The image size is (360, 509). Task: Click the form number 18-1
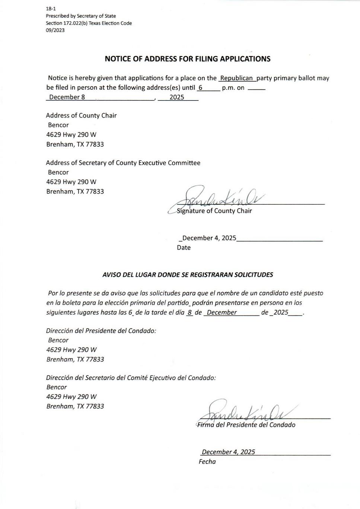[x=51, y=9]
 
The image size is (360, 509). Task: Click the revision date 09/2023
[x=55, y=30]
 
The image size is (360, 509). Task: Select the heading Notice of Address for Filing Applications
[x=187, y=59]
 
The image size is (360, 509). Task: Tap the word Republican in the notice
[x=236, y=78]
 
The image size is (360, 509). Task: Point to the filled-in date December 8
[x=67, y=97]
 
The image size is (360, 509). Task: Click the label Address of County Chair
[x=81, y=115]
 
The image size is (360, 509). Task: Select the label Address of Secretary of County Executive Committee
[x=123, y=163]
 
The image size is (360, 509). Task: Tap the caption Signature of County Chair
[x=214, y=211]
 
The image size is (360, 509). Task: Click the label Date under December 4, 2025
[x=184, y=248]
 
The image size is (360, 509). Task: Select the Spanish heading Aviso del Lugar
[x=188, y=275]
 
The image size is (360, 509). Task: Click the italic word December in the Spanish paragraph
[x=222, y=312]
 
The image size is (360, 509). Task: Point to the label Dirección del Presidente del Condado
[x=101, y=331]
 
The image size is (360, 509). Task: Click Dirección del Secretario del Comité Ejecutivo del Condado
[x=131, y=378]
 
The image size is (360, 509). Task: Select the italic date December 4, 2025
[x=228, y=452]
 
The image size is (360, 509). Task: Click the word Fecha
[x=207, y=462]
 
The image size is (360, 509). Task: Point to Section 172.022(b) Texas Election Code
[x=89, y=23]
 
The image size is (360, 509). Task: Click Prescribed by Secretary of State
[x=81, y=16]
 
